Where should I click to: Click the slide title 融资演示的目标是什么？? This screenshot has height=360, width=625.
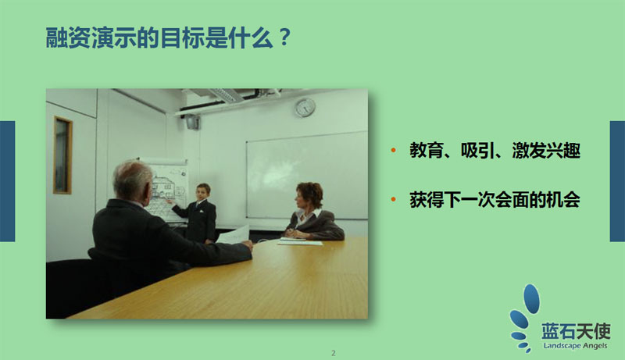[169, 38]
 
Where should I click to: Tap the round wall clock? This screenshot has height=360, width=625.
[305, 107]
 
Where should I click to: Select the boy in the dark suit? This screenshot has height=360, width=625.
[198, 213]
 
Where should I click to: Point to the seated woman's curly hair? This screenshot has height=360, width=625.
[310, 192]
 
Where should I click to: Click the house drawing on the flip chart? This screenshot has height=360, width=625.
[163, 188]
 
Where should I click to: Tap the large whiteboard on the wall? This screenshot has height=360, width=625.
[307, 175]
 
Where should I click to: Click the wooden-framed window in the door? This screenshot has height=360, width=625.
[62, 155]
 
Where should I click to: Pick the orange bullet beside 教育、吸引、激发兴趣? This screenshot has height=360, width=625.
[394, 150]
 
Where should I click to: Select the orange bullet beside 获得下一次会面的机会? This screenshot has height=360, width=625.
[394, 199]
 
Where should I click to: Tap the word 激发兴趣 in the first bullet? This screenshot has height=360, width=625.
[545, 150]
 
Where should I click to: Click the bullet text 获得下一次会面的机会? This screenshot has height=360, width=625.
[495, 199]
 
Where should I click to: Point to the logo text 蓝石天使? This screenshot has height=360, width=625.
[576, 330]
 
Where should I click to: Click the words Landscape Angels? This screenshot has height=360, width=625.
[575, 345]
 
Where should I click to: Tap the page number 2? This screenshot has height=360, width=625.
[334, 353]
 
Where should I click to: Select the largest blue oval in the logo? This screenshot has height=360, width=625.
[531, 298]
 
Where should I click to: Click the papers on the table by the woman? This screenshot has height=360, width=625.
[300, 241]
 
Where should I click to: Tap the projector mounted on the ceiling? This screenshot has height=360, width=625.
[192, 122]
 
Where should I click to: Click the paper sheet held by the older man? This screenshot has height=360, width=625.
[233, 234]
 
